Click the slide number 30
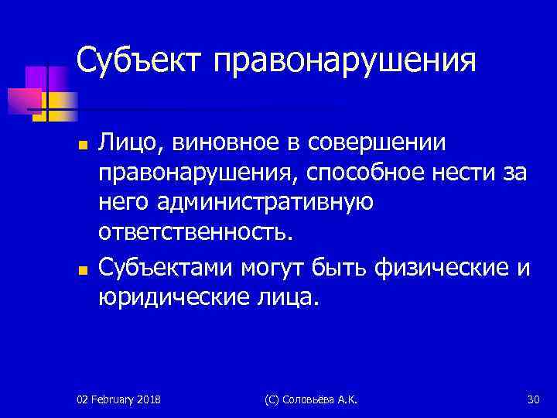(x=532, y=399)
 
